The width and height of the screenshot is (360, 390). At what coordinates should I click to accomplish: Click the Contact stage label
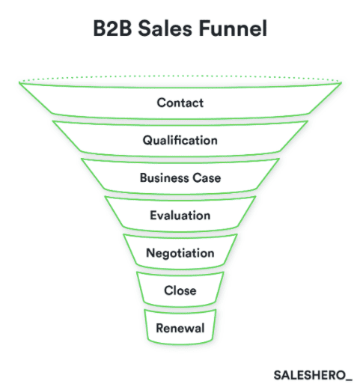[x=180, y=103]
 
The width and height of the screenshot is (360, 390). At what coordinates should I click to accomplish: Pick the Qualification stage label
[x=180, y=140]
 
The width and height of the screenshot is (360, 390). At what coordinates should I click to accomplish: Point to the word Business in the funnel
[x=162, y=178]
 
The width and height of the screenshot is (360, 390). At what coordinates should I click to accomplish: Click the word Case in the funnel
[x=206, y=178]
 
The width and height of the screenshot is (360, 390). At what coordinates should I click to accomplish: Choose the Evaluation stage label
[x=180, y=216]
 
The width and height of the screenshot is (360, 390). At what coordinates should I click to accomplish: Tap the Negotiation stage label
[x=180, y=253]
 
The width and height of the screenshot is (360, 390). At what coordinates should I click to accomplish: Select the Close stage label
[x=180, y=290]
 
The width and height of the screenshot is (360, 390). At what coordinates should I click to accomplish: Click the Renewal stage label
[x=180, y=327]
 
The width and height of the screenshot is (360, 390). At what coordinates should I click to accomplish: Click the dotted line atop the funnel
[x=180, y=78]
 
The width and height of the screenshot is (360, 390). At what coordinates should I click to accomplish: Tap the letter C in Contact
[x=161, y=103]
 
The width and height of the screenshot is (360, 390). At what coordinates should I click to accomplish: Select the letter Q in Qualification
[x=147, y=140]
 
